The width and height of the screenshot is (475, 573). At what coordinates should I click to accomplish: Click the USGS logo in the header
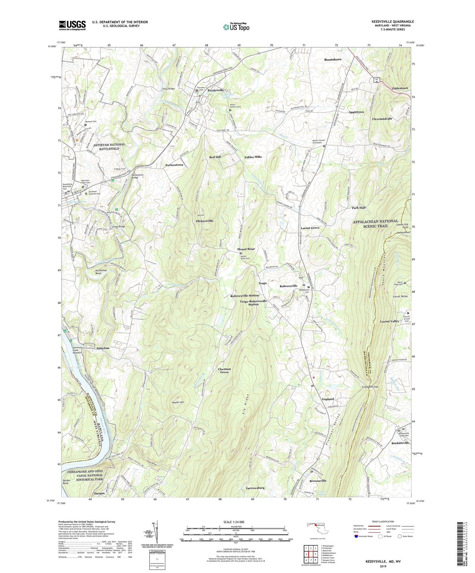click(x=72, y=25)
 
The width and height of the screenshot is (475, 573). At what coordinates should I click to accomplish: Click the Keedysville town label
click(x=215, y=90)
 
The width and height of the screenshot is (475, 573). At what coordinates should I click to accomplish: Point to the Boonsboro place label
click(x=333, y=60)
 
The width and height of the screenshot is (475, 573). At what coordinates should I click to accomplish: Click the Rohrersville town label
click(x=288, y=286)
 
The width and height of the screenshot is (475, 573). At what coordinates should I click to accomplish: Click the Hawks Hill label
click(x=178, y=402)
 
